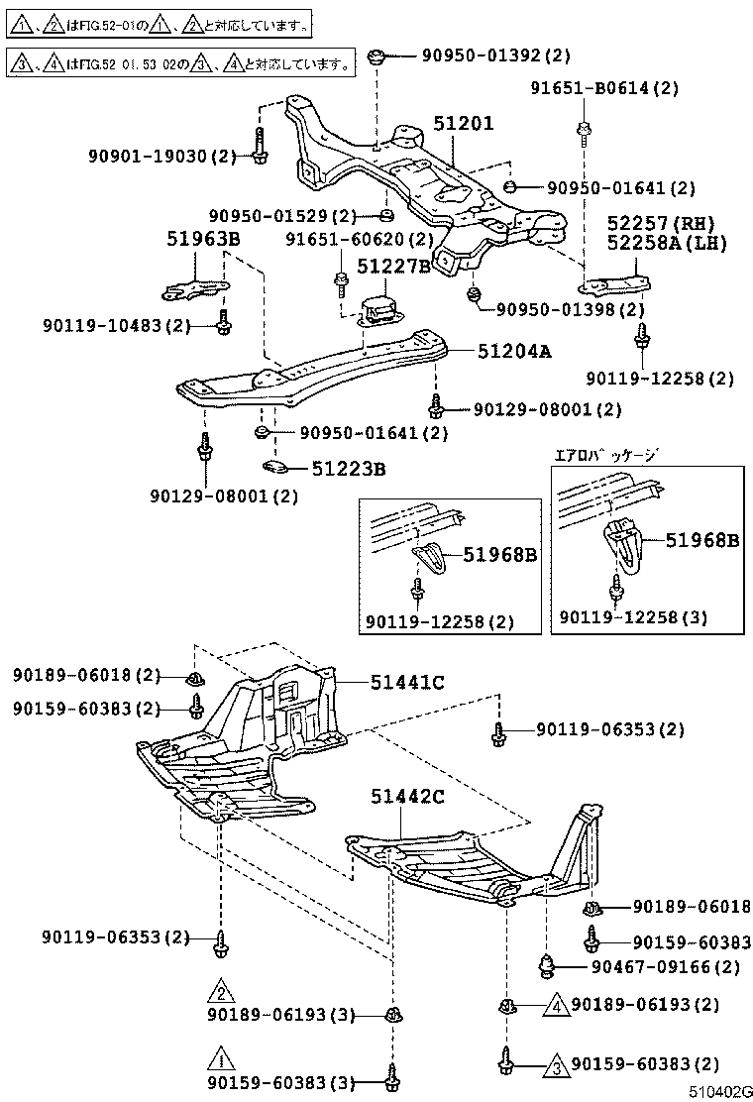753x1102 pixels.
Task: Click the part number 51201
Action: point(463,124)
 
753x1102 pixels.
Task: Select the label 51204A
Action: point(514,350)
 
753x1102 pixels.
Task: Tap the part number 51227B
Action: point(393,266)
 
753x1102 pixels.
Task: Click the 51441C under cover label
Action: point(407,682)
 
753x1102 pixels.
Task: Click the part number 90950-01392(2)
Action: point(488,55)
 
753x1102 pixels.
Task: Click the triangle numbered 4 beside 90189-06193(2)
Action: point(556,1005)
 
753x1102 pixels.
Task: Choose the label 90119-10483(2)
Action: point(117,325)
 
